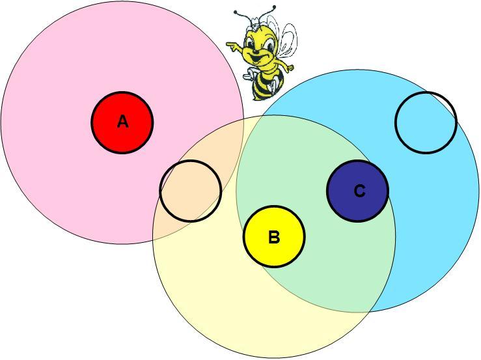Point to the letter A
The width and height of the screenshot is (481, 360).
click(122, 122)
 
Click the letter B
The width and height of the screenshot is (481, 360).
click(274, 238)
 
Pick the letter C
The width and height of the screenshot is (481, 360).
click(359, 191)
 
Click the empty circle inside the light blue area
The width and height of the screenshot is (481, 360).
click(426, 122)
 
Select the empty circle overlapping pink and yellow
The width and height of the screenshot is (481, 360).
click(191, 191)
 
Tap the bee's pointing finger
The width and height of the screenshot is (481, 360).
click(230, 44)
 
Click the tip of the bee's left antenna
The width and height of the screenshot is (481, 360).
click(236, 12)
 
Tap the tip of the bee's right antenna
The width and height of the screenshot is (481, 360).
click(274, 7)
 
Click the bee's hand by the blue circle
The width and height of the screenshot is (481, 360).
click(290, 68)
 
